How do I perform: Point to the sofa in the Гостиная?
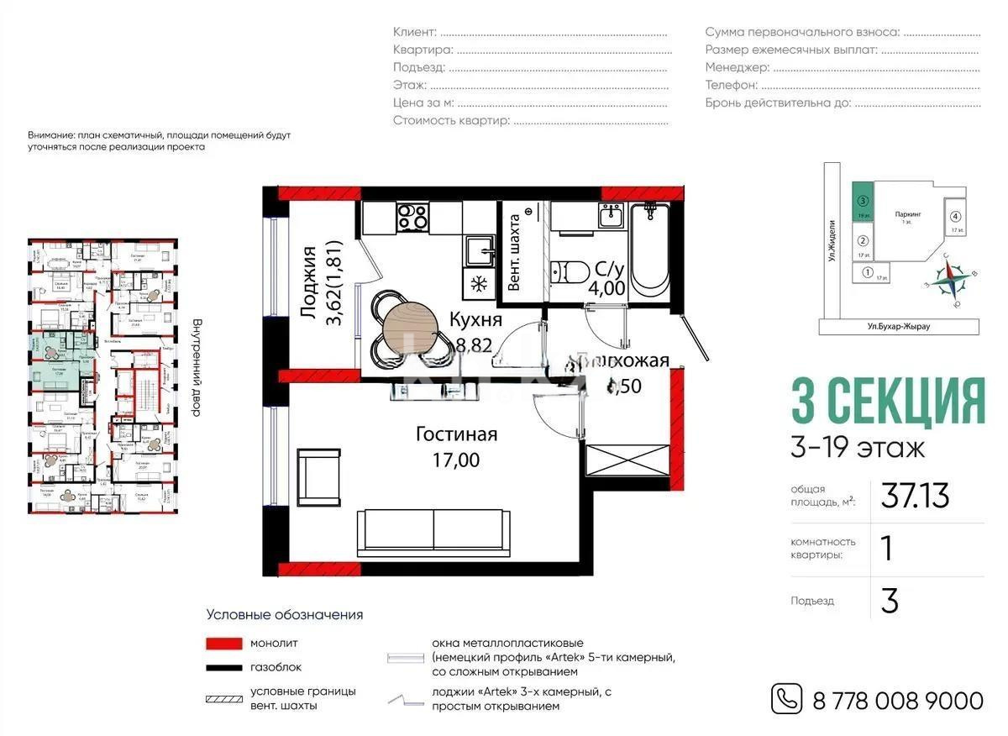click(x=433, y=532)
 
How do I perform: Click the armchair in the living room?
click(x=318, y=476)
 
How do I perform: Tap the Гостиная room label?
click(x=457, y=434)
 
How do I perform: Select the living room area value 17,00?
click(x=457, y=460)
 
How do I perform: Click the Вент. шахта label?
click(x=514, y=252)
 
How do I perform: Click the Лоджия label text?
click(x=307, y=281)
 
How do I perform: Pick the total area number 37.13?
click(x=915, y=497)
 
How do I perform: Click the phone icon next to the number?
click(x=786, y=699)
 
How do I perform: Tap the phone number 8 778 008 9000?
click(x=897, y=700)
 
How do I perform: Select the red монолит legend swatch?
click(x=223, y=644)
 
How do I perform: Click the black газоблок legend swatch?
click(x=223, y=667)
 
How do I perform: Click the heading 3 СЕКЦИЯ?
click(x=888, y=402)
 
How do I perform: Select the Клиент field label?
click(x=415, y=32)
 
